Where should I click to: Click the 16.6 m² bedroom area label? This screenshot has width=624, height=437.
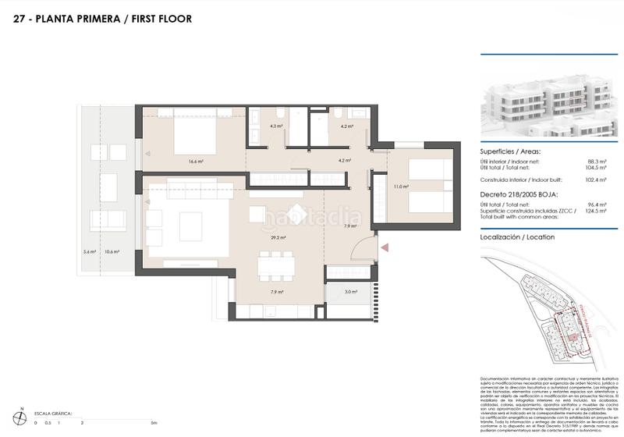tap(195, 162)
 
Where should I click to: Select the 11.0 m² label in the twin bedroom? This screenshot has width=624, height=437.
tap(400, 187)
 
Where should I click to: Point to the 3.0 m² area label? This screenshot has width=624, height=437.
tap(351, 292)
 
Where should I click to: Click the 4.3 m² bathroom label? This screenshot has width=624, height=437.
tap(276, 126)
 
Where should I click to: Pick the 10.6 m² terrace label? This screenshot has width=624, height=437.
tap(112, 251)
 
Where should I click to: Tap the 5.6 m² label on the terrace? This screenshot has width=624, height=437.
tap(89, 251)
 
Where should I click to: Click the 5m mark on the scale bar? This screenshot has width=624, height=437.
tap(154, 421)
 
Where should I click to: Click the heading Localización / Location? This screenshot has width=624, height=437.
tap(517, 236)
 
